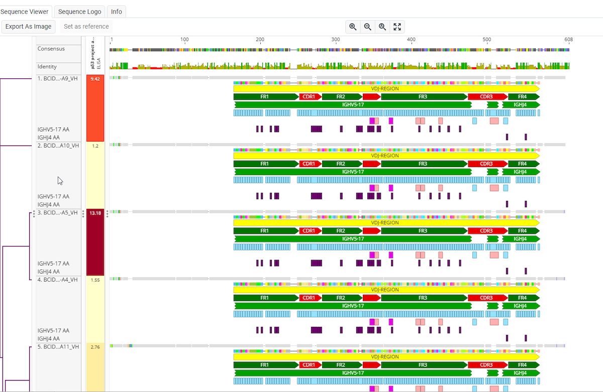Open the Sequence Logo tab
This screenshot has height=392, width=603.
[x=80, y=12]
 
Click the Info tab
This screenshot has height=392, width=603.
[x=117, y=12]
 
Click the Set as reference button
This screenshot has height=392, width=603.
[x=86, y=27]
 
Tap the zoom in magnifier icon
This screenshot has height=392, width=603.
[x=353, y=27]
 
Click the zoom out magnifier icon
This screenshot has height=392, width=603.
[x=368, y=27]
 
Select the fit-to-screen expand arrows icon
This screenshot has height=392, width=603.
[x=397, y=27]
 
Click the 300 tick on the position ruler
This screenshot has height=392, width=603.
[x=336, y=40]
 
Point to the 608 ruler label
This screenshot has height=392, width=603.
[x=568, y=40]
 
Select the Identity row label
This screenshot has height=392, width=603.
[x=47, y=66]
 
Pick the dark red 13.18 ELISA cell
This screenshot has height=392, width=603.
[x=95, y=242]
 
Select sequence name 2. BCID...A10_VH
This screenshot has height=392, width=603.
[x=58, y=146]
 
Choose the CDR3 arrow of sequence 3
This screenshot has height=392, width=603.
[x=486, y=231]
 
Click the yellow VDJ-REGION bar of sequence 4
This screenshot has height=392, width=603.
[x=385, y=290]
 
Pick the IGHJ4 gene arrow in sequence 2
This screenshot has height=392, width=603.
[x=521, y=172]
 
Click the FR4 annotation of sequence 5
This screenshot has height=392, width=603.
[x=523, y=365]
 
